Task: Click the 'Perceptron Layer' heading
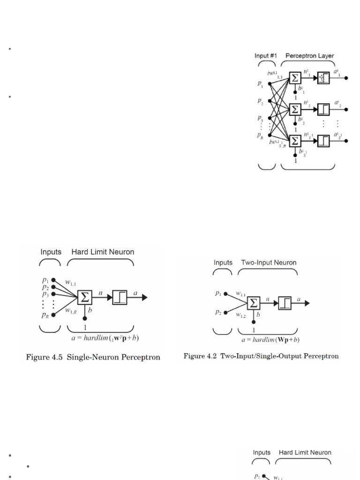click(310, 56)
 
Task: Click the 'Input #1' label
click(265, 56)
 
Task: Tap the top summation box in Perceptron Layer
click(295, 77)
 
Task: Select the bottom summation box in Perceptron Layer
click(295, 141)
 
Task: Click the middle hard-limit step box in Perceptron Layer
click(323, 109)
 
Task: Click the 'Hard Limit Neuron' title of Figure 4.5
click(102, 252)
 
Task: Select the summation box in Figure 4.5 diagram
click(84, 297)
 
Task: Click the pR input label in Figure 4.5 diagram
click(45, 315)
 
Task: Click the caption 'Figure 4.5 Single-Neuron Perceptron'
click(93, 357)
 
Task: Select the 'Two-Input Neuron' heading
click(269, 262)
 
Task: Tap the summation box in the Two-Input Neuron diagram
click(254, 303)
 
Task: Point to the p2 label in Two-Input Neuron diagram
click(219, 312)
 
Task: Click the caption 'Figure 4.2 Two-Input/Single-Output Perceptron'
click(261, 356)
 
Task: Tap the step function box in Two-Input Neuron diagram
click(285, 303)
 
